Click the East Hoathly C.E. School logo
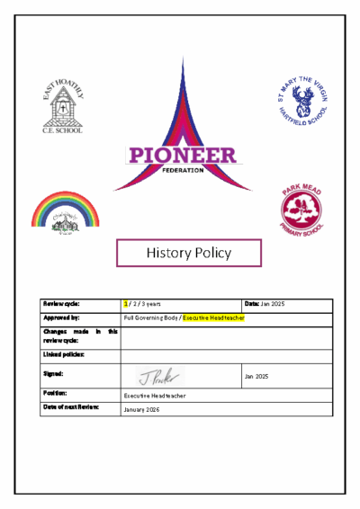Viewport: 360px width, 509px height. (62, 106)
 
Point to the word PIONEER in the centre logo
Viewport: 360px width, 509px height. (183, 155)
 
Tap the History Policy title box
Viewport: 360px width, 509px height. (189, 253)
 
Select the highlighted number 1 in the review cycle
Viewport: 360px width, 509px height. (126, 304)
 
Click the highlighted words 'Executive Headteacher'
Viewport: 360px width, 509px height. (213, 318)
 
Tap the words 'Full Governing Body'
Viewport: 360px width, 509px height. (150, 318)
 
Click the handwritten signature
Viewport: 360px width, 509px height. (160, 375)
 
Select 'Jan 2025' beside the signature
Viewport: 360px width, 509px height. (256, 375)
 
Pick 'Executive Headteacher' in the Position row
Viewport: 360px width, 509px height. (154, 395)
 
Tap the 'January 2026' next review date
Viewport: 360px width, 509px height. (141, 409)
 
